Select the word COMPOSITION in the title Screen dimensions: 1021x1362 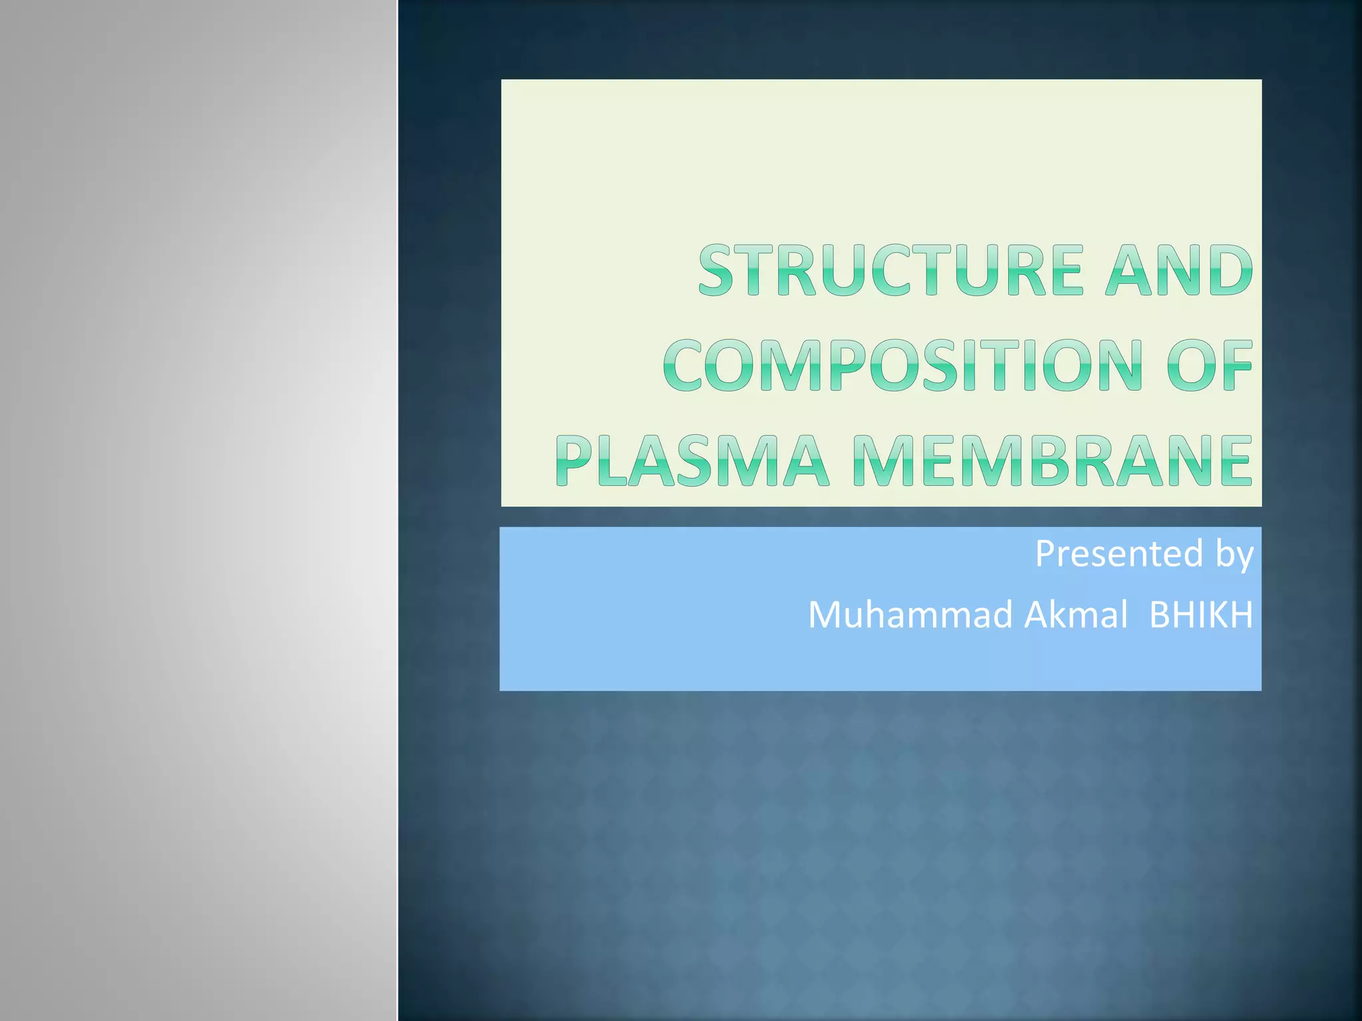click(x=902, y=366)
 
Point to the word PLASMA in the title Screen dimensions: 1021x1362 click(x=692, y=460)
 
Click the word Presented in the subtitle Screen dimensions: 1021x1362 click(x=1119, y=554)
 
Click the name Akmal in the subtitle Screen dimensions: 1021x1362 click(x=1076, y=615)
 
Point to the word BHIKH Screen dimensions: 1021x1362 click(x=1200, y=615)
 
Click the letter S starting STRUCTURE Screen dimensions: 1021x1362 click(x=720, y=270)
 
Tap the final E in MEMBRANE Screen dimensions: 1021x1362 click(x=1236, y=460)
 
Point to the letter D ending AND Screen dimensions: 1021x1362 click(x=1232, y=270)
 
